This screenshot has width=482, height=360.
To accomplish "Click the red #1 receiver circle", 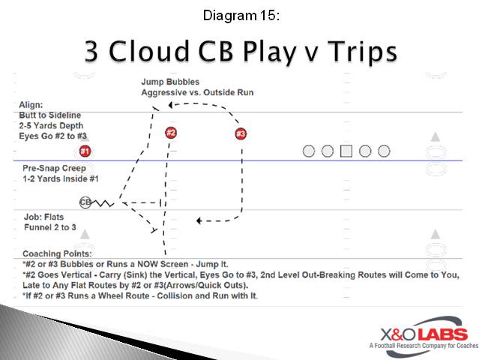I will click(x=85, y=151).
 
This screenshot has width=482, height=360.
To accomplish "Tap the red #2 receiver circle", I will click(x=171, y=133).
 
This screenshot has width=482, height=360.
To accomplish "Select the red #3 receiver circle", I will click(x=241, y=134).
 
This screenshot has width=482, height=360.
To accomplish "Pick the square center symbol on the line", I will click(x=346, y=151).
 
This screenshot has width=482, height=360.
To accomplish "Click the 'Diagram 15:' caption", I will click(x=241, y=14).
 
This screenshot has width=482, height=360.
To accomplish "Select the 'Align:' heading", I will click(x=32, y=106).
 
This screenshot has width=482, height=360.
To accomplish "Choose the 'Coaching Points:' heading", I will click(x=58, y=254).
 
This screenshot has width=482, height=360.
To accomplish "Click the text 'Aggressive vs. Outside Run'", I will click(x=197, y=92).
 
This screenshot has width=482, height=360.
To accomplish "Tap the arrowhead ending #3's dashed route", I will click(x=199, y=220).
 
